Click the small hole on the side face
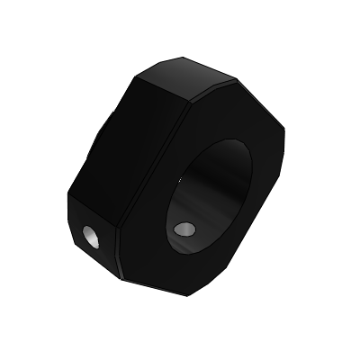pyautogui.click(x=91, y=238)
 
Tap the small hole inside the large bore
pyautogui.click(x=185, y=229)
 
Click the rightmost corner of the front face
pyautogui.click(x=285, y=144)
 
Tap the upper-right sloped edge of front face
pyautogui.click(x=261, y=103)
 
